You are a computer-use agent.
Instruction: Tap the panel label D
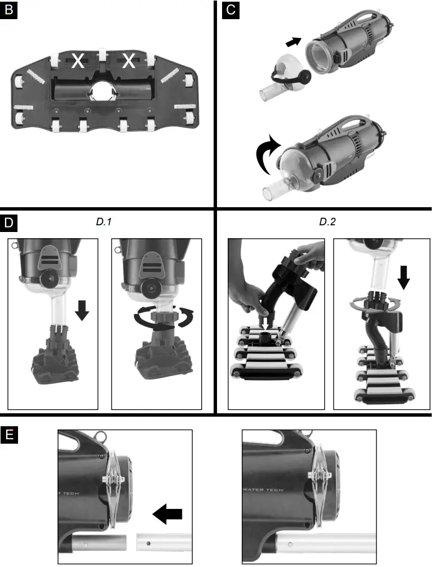(8, 222)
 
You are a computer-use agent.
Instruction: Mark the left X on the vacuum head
(78, 61)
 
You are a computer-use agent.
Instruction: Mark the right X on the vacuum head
(129, 61)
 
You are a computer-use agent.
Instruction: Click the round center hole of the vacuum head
(104, 91)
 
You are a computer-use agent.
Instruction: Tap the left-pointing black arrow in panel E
(167, 513)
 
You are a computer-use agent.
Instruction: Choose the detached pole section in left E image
(160, 545)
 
